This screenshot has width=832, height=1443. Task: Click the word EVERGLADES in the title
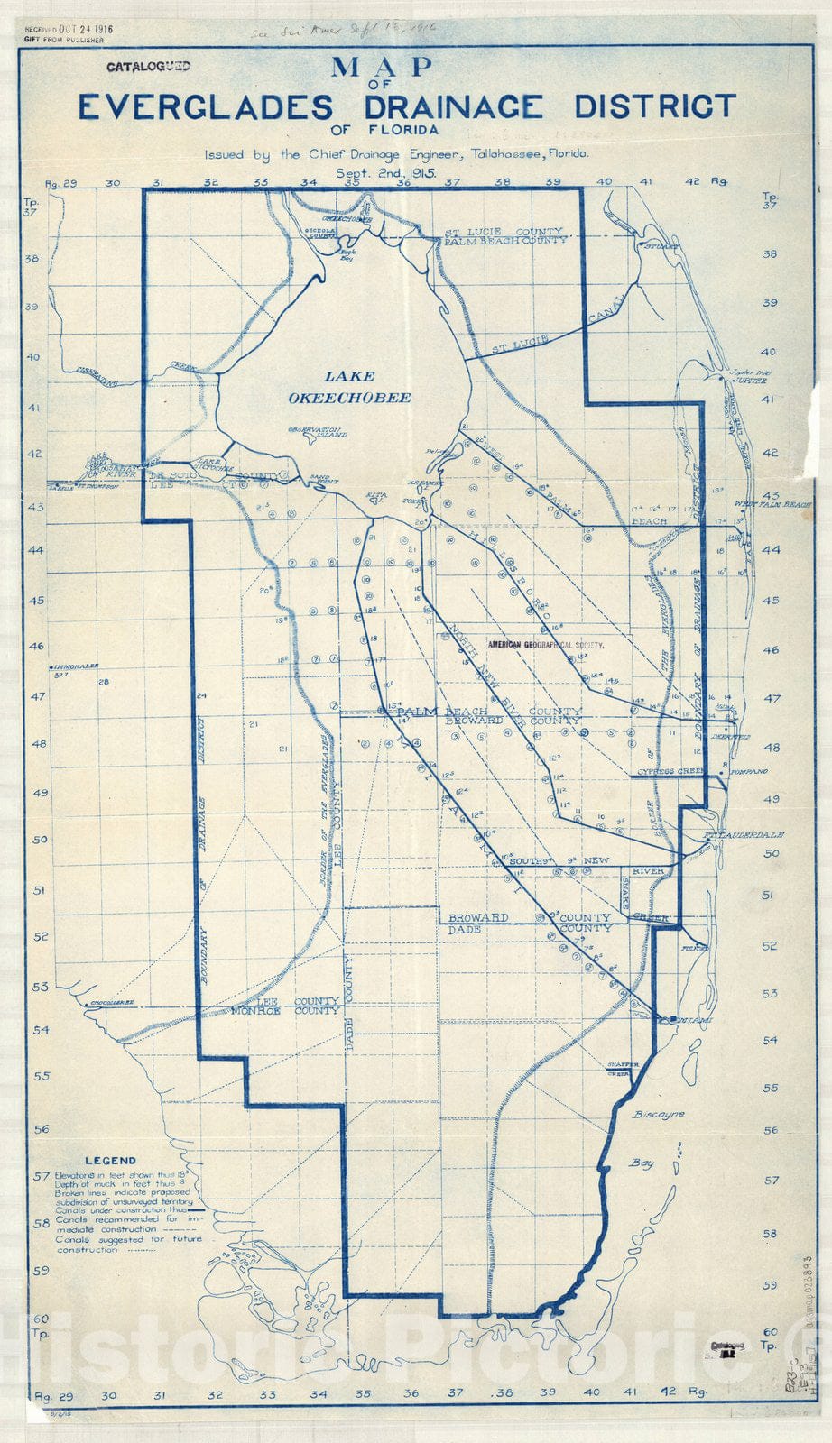205,107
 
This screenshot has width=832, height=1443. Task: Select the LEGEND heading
110,1161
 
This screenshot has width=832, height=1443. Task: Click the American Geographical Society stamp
544,646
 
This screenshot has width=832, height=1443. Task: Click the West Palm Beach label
772,504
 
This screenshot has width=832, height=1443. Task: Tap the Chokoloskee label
111,1003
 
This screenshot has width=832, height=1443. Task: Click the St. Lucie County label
503,232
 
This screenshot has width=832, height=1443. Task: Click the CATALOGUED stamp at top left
148,67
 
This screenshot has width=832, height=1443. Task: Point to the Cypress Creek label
670,772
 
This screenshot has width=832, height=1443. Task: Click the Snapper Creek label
623,1069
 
